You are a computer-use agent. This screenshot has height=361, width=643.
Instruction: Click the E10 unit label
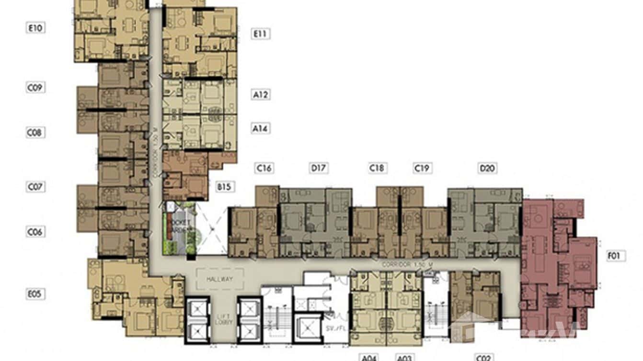tap(35, 28)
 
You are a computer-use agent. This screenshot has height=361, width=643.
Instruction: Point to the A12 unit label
tap(261, 94)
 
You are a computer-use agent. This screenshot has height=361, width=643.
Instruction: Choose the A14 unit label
tap(261, 128)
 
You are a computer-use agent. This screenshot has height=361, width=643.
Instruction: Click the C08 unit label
tap(35, 132)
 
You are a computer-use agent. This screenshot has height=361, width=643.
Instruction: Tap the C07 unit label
tap(35, 186)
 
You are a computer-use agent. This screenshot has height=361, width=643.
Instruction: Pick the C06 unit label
tap(35, 232)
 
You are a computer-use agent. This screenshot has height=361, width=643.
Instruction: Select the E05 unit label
tap(35, 294)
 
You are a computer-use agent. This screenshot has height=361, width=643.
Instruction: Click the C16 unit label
tap(264, 168)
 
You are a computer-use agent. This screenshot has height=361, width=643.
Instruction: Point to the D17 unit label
tap(319, 168)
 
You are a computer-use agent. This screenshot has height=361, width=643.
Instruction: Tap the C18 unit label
tap(378, 168)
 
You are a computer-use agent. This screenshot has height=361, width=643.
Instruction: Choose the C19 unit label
tap(423, 168)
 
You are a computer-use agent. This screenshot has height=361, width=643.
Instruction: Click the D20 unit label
tap(487, 168)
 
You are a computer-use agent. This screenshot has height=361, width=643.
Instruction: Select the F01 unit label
tap(614, 256)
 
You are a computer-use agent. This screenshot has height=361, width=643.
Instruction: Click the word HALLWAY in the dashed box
tap(219, 279)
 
